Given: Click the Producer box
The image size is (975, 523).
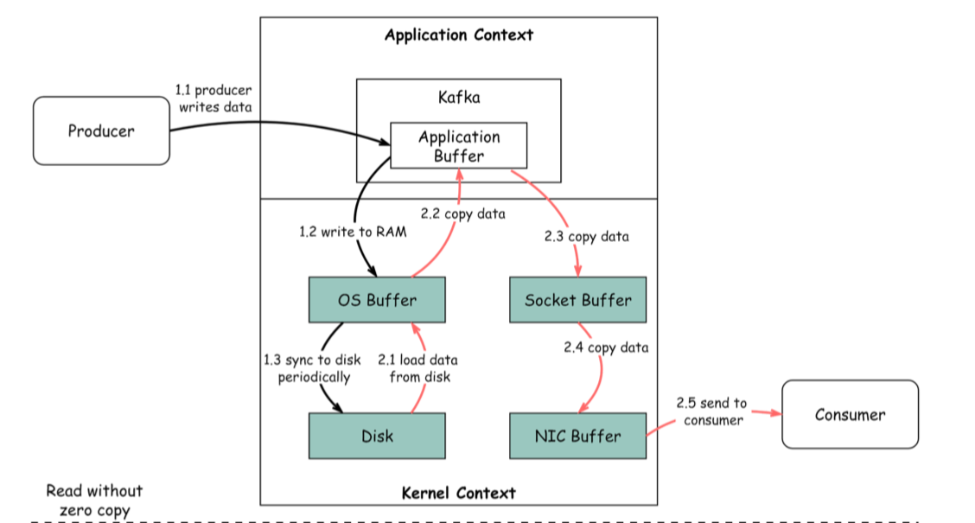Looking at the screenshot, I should coord(101,131).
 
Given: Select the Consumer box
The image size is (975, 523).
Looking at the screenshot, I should coord(850,415).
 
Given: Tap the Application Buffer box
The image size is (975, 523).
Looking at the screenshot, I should coord(458,146).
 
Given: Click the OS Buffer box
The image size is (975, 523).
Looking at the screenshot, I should coord(377,300).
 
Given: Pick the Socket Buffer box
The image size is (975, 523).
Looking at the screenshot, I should coord(577,300).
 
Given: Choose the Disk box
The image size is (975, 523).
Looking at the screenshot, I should coord(377,436).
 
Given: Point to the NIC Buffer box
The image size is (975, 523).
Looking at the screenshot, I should coord(577,436).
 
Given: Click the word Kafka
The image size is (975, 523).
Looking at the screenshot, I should coord(459,98).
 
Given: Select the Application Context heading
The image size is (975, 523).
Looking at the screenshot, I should coord(459,35).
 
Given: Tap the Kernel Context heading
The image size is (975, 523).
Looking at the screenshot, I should coord(459,493).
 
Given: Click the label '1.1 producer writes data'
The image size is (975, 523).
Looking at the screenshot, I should coord(213,99).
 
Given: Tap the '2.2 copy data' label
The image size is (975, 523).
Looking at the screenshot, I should coord(462,213).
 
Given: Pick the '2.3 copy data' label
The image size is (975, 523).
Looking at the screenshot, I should coord(586,236).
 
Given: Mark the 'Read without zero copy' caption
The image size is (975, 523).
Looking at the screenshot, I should coord(95,501).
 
